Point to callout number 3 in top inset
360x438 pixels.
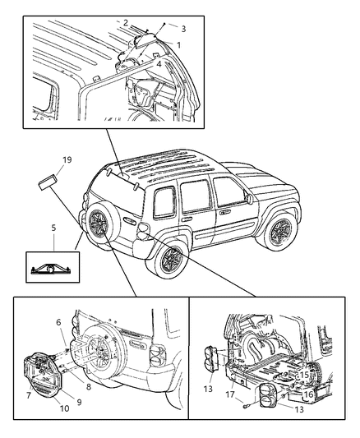point(183,28)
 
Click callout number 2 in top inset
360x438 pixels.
point(126,22)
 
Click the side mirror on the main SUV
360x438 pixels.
point(247,199)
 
